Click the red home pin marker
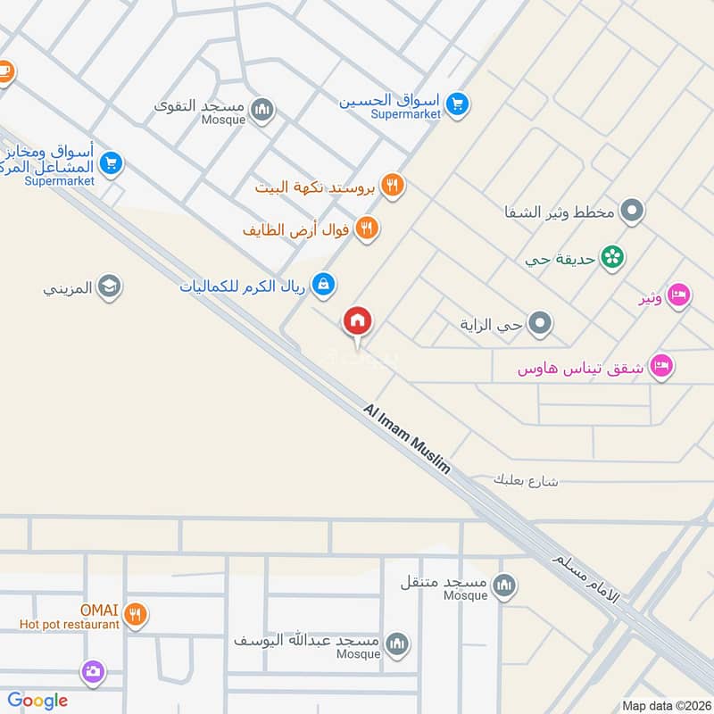tap(358, 321)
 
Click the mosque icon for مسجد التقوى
tap(262, 110)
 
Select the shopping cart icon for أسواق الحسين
tap(458, 104)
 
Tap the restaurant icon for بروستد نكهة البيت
tap(392, 186)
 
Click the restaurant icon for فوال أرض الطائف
tap(367, 229)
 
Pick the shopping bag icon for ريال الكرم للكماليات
tap(324, 285)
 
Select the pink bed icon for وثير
tap(678, 295)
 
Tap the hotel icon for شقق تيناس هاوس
tap(661, 366)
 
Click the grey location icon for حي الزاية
tap(539, 324)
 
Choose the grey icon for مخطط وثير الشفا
tap(633, 212)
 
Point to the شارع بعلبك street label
tap(526, 480)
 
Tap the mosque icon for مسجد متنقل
tap(506, 585)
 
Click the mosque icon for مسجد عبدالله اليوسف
tap(397, 643)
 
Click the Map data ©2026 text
tap(665, 705)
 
